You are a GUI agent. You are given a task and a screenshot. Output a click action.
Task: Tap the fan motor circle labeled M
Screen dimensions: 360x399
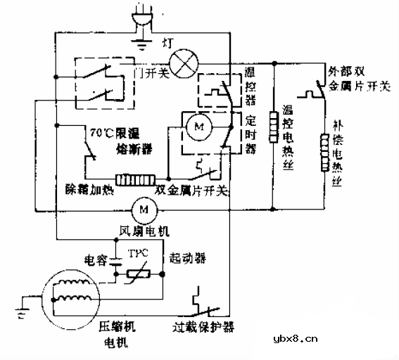(x=144, y=209)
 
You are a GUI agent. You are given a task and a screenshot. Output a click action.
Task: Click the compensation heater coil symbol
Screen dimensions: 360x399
(x=325, y=153)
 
